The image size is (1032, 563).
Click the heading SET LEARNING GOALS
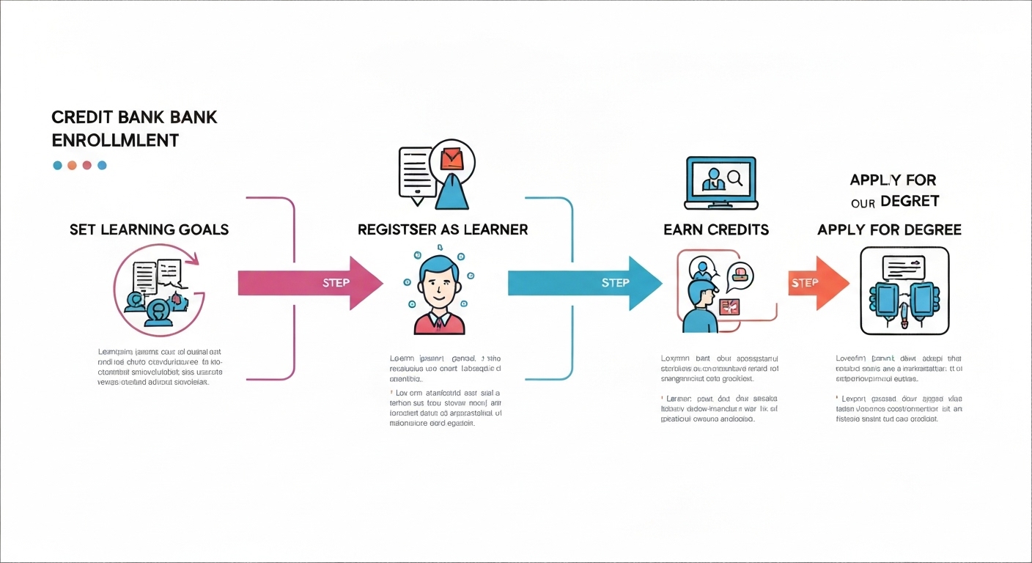click(x=149, y=229)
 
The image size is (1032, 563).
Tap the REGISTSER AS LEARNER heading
click(x=442, y=229)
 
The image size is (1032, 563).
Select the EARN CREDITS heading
click(x=715, y=229)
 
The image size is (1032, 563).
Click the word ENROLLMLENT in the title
click(x=115, y=140)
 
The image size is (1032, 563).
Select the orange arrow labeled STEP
click(x=818, y=282)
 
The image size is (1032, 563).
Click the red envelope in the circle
click(x=452, y=158)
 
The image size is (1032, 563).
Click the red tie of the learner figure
click(x=438, y=321)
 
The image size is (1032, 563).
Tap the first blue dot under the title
click(x=57, y=166)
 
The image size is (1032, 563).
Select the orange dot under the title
click(x=72, y=166)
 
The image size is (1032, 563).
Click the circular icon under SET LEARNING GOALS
click(x=159, y=290)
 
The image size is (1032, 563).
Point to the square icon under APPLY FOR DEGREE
click(x=904, y=291)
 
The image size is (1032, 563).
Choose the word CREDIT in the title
click(x=80, y=117)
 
